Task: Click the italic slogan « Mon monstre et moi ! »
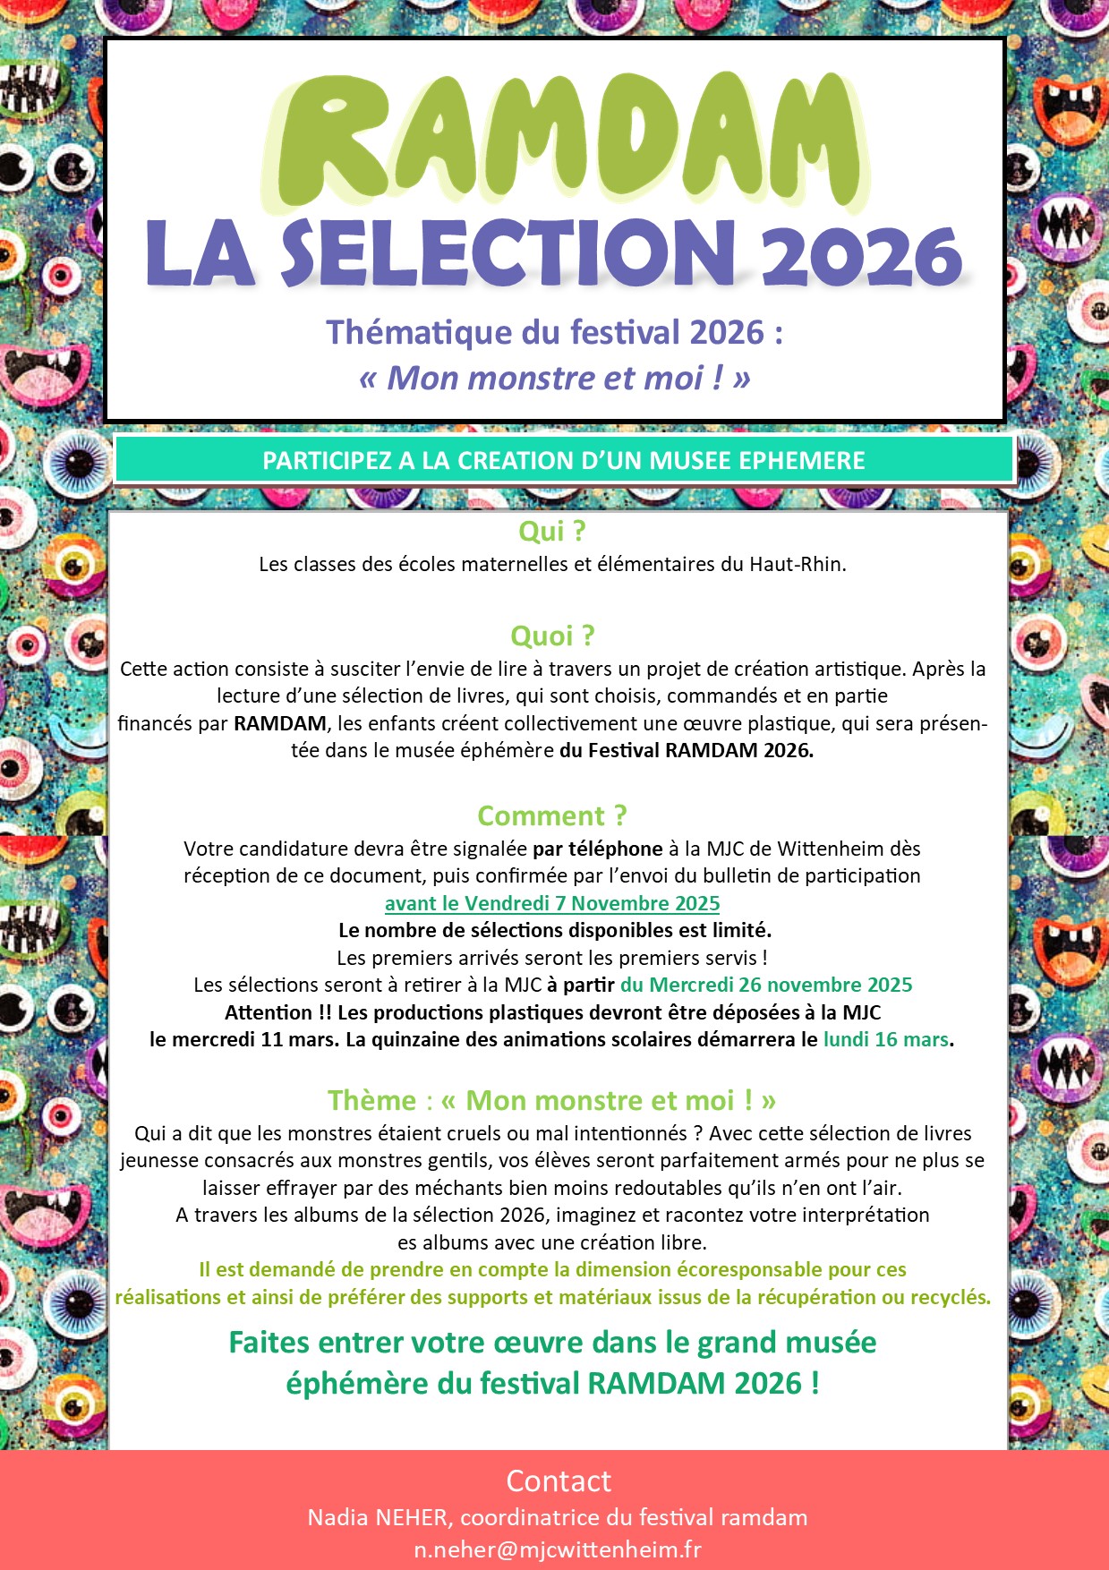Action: point(554,378)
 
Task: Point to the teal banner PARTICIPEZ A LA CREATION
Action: point(564,461)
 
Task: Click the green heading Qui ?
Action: point(552,531)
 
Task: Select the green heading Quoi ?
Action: point(552,636)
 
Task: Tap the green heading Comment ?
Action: point(552,815)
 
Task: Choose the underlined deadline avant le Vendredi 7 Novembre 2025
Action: point(552,903)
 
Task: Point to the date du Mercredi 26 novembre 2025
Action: point(766,985)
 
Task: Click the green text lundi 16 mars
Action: point(885,1039)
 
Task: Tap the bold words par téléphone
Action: point(597,849)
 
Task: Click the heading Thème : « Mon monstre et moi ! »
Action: point(551,1100)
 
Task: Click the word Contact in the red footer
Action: point(559,1481)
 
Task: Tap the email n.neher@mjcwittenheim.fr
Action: point(558,1549)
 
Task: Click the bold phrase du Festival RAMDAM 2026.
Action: point(687,750)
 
